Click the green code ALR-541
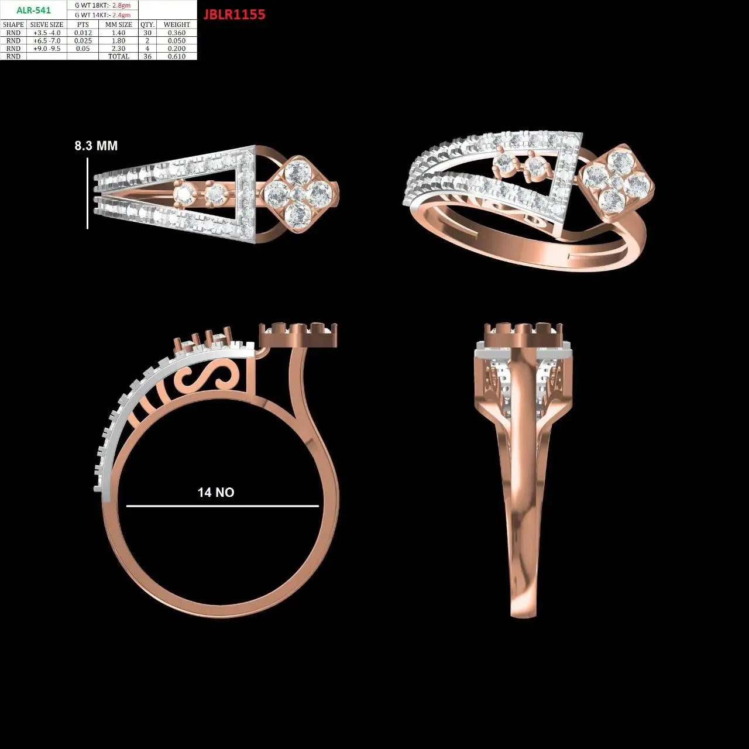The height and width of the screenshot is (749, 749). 33,10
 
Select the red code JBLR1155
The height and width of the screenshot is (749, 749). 235,15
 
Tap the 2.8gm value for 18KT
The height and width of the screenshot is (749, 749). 121,5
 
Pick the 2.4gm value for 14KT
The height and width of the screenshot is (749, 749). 121,15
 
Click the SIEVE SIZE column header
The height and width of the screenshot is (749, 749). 47,25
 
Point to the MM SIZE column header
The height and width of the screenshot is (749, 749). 119,25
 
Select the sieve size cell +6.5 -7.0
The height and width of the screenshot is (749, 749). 47,41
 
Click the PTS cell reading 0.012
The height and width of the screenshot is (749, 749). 83,33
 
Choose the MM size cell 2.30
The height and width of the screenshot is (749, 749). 119,49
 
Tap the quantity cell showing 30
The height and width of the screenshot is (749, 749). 147,33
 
